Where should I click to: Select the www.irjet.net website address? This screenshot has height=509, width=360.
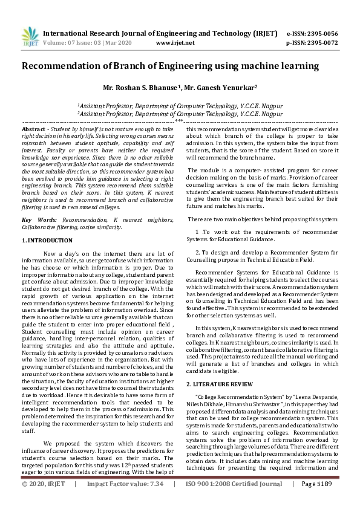pos(175,43)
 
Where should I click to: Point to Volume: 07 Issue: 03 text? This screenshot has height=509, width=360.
pos(74,43)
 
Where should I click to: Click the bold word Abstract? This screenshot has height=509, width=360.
pos(33,130)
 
